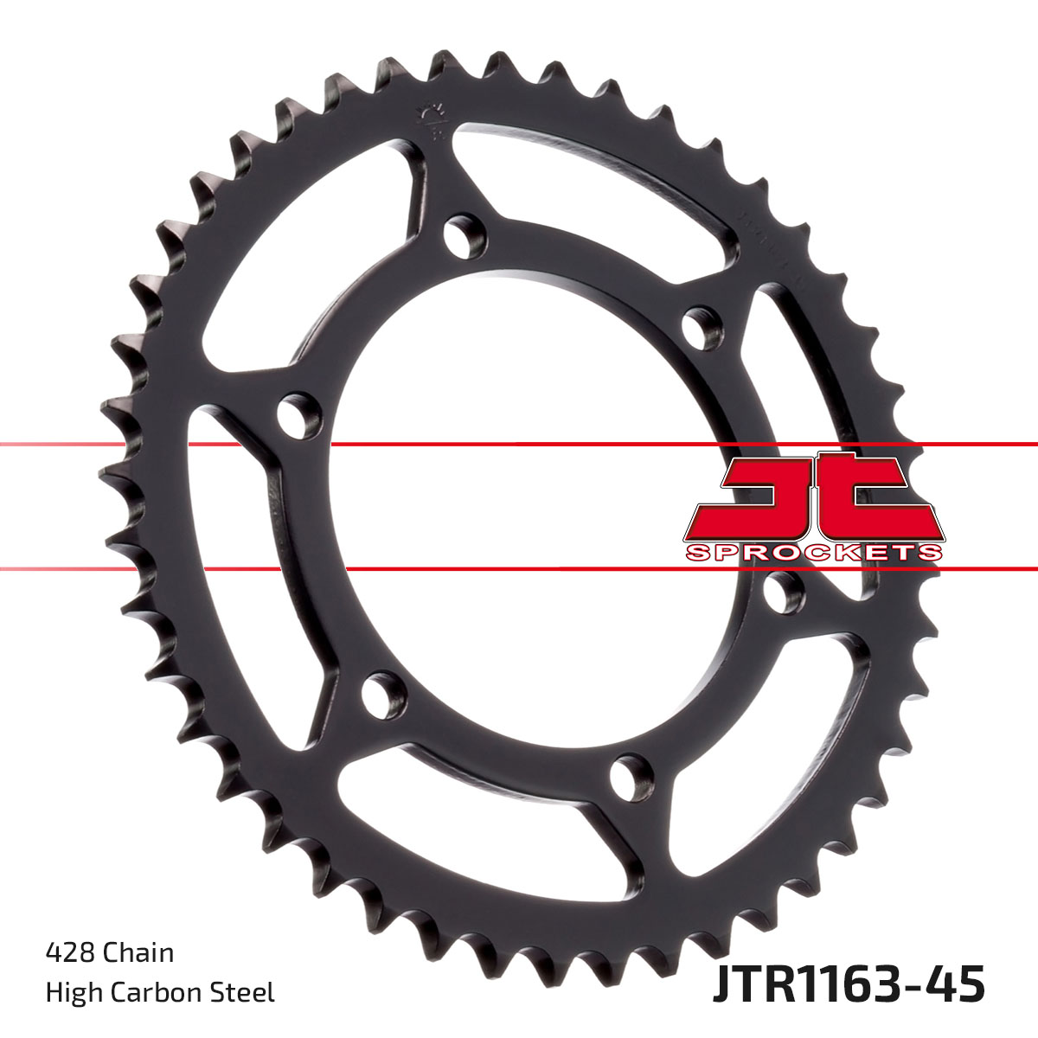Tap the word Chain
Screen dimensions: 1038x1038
[x=138, y=952]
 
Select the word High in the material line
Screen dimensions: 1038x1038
[x=72, y=991]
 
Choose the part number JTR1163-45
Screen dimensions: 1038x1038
[x=849, y=986]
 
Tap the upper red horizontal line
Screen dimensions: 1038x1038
[x=519, y=445]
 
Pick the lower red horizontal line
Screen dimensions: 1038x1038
[x=519, y=569]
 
